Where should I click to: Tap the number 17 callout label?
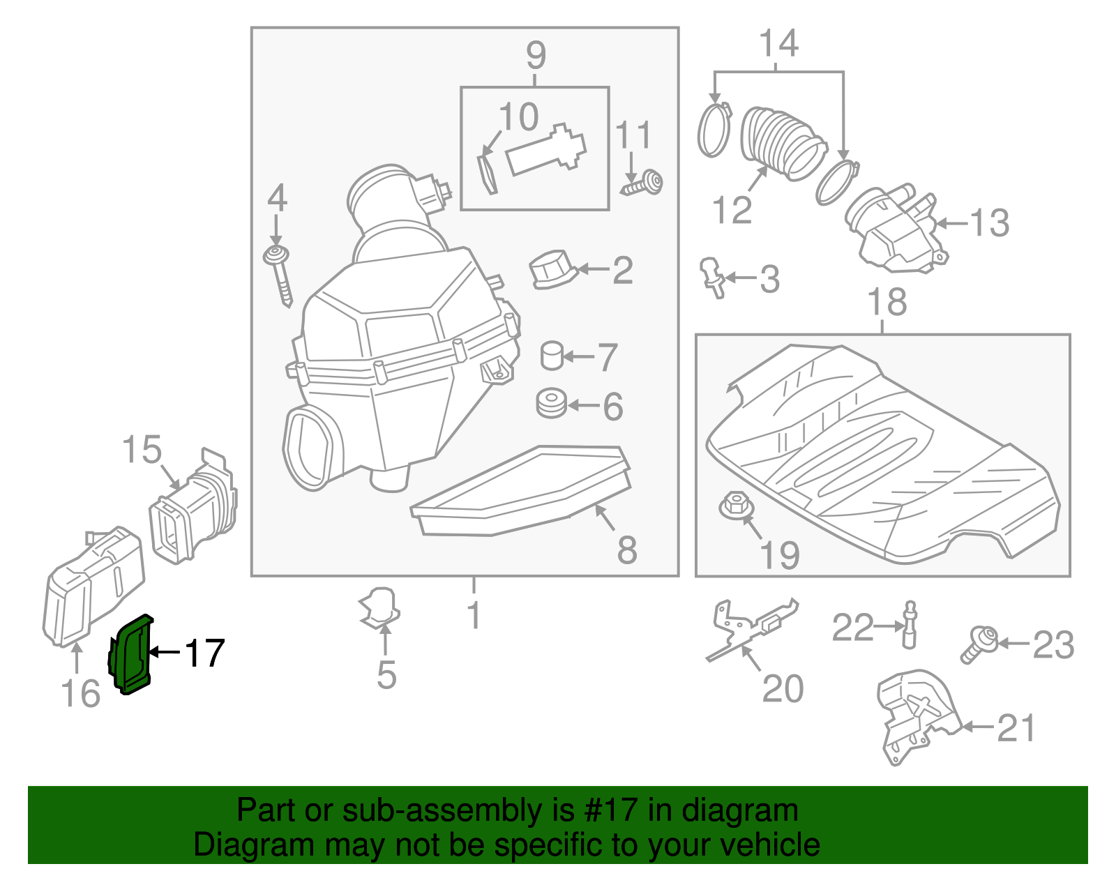point(204,653)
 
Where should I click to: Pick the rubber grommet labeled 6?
point(551,404)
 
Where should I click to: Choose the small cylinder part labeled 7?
point(552,356)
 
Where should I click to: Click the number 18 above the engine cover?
point(887,303)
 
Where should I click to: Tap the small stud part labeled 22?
point(909,625)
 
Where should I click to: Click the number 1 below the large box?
point(474,615)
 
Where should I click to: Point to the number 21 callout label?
point(1016,728)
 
